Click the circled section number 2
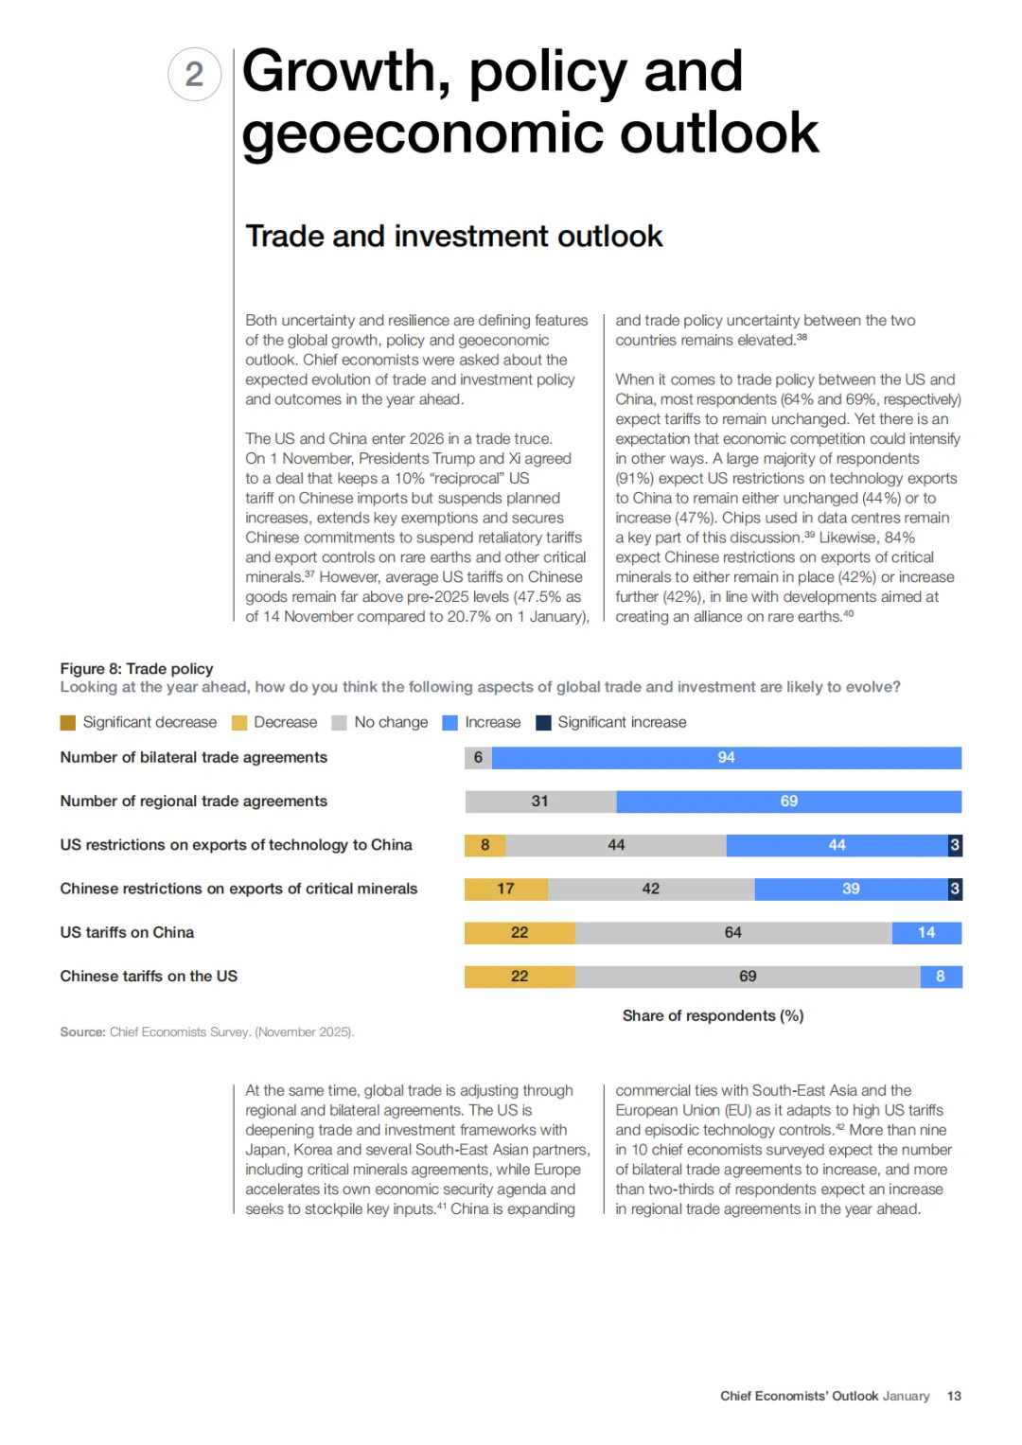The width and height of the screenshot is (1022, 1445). click(194, 75)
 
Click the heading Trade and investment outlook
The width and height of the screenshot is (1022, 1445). click(453, 236)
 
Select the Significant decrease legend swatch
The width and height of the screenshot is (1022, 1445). click(68, 723)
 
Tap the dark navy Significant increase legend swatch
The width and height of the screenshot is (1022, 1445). click(543, 723)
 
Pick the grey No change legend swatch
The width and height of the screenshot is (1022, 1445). click(340, 723)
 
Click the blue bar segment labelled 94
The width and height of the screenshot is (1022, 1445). click(726, 757)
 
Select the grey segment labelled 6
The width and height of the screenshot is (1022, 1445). click(478, 757)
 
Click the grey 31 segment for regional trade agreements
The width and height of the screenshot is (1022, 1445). click(539, 802)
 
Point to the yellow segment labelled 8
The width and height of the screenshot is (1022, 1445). click(485, 845)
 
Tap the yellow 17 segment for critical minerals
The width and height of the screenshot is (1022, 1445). click(505, 889)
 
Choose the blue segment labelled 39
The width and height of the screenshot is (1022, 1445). click(851, 889)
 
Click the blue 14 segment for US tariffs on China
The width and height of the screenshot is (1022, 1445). click(926, 933)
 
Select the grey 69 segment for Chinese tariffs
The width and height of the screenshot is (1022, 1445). click(748, 977)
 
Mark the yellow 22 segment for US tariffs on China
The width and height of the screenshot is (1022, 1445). click(520, 933)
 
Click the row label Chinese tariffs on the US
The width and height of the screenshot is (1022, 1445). click(149, 977)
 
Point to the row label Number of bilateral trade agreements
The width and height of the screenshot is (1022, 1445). click(193, 757)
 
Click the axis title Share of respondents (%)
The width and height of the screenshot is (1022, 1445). click(713, 1015)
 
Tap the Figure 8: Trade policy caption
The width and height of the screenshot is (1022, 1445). click(136, 668)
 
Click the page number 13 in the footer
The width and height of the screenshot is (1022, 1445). click(954, 1396)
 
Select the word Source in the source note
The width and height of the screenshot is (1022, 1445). click(82, 1032)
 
